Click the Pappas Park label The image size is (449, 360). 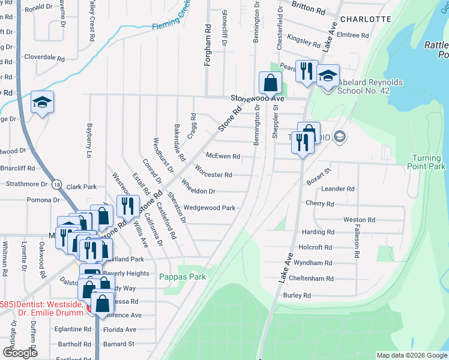(182, 277)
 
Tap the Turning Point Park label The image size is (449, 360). (427, 162)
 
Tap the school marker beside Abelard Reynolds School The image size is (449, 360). (328, 76)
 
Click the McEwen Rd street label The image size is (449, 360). (223, 156)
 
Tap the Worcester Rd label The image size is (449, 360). (213, 175)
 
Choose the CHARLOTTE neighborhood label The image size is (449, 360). (365, 19)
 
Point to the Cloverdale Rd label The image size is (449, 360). (44, 58)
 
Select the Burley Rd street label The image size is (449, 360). (297, 295)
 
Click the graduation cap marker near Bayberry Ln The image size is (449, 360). (43, 103)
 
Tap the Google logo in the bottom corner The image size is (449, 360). (20, 353)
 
